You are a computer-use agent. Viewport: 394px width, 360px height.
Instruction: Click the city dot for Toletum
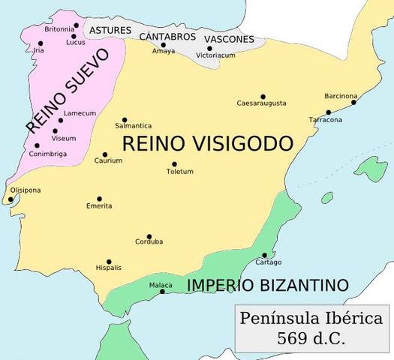(x=174, y=164)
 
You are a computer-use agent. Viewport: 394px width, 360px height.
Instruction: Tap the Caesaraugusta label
(x=260, y=103)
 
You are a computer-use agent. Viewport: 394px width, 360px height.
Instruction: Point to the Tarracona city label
(x=326, y=120)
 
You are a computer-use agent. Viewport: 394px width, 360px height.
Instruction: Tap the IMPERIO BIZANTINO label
(x=268, y=285)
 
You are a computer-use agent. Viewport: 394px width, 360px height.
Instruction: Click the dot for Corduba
(x=149, y=236)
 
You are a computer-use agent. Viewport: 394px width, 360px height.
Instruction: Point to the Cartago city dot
(x=264, y=255)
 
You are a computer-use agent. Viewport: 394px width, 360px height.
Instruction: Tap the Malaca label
(x=160, y=285)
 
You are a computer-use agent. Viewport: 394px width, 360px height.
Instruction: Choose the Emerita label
(x=99, y=205)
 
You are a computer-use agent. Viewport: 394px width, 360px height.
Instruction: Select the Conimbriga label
(x=49, y=154)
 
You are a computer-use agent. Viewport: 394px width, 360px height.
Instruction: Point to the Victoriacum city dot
(x=209, y=49)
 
